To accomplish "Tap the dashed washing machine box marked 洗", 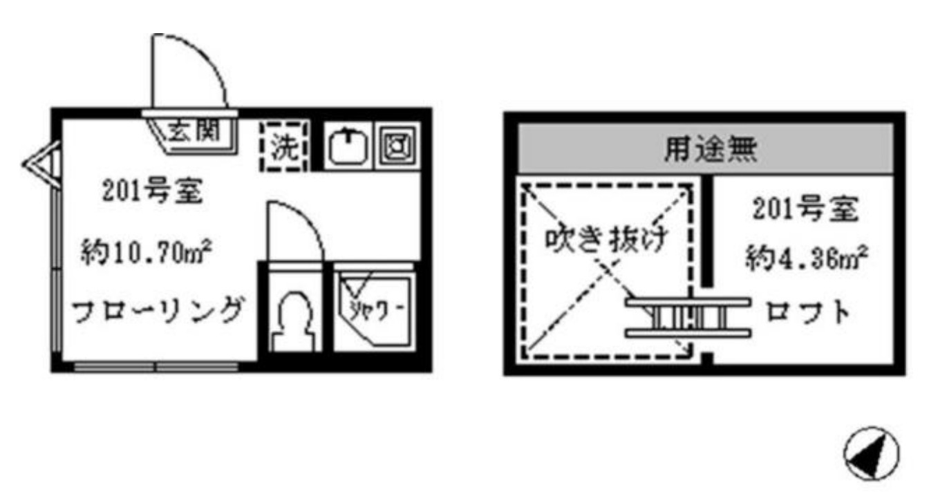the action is click(x=282, y=147).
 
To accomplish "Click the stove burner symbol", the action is click(x=397, y=146).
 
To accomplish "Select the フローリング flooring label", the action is click(x=158, y=311).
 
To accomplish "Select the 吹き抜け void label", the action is click(x=606, y=241).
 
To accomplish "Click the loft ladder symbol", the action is click(x=688, y=318).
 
